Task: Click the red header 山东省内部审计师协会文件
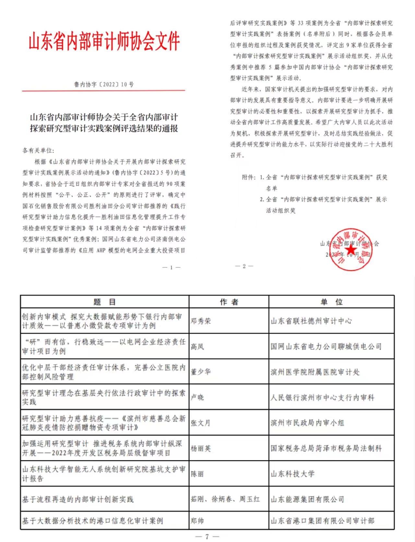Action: coord(104,42)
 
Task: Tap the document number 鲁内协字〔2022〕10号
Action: coord(104,85)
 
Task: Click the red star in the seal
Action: coord(351,250)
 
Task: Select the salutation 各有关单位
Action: coord(38,150)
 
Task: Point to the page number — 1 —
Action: coord(171,267)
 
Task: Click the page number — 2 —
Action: coord(244,266)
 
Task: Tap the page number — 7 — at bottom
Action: coord(207,536)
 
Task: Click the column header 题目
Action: coord(104,302)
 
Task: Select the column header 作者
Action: coord(229,302)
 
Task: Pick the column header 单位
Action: coord(331,302)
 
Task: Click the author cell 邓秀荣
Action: coord(201,321)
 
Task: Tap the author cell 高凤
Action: coord(197,347)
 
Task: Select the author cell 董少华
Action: coord(201,372)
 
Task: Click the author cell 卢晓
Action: coord(197,397)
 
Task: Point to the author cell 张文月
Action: coord(201,423)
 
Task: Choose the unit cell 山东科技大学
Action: coord(293,474)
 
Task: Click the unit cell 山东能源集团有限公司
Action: coord(307,499)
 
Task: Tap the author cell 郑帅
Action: coord(197,521)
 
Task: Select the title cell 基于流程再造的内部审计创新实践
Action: coord(78,499)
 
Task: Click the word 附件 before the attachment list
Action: coord(248,177)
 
